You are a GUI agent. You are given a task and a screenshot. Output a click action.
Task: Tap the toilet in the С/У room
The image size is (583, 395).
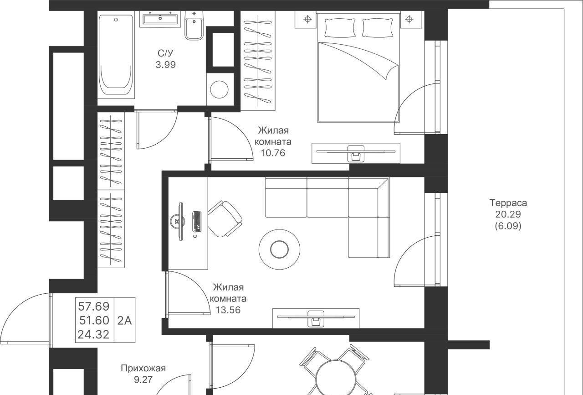click(x=194, y=26)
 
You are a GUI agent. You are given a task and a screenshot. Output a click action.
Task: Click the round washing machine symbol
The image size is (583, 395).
click(x=219, y=90)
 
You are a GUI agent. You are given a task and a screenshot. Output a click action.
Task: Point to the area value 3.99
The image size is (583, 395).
click(x=165, y=64)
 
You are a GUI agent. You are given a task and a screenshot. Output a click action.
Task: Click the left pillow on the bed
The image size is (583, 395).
click(x=340, y=28)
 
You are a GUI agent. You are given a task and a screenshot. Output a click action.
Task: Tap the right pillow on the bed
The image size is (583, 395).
click(x=378, y=28)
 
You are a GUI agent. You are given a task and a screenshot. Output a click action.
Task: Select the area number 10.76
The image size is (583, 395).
click(x=273, y=153)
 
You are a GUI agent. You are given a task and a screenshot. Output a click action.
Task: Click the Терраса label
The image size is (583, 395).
click(x=508, y=203)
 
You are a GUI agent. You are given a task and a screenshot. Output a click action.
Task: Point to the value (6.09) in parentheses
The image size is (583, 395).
click(x=508, y=226)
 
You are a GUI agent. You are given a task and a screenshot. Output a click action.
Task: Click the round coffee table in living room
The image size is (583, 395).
click(x=279, y=249)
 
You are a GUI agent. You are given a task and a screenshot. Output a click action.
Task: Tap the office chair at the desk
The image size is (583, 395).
click(x=225, y=219)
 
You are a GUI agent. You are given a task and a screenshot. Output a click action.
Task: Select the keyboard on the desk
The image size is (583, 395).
click(x=197, y=221)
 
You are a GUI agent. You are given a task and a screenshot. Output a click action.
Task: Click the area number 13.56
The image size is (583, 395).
click(x=228, y=310)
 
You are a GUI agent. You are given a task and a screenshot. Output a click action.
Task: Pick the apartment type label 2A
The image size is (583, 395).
click(x=124, y=321)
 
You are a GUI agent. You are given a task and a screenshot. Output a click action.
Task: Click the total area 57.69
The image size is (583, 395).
click(x=94, y=307)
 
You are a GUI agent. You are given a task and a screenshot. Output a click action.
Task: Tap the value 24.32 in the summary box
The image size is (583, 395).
click(x=94, y=334)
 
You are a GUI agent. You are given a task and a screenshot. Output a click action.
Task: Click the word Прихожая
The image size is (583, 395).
click(x=143, y=369)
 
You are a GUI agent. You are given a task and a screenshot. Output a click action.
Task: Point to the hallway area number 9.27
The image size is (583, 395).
click(x=143, y=380)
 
